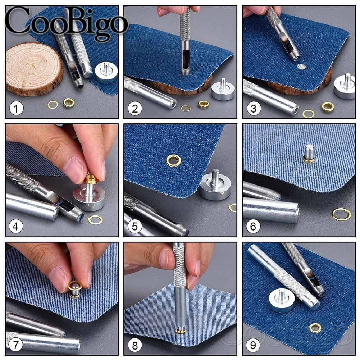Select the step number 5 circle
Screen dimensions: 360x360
[135, 227]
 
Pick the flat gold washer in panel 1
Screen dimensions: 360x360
[53, 105]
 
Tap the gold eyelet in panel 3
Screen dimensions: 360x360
[328, 106]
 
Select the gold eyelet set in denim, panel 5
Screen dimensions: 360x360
[173, 160]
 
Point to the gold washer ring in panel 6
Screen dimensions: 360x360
[341, 214]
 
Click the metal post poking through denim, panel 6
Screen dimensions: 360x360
[309, 153]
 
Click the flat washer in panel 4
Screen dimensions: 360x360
[95, 220]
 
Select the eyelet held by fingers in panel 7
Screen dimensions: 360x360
[75, 288]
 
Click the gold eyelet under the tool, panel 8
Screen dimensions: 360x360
[180, 331]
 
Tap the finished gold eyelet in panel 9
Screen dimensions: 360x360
[315, 328]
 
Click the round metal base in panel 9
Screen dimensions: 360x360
[282, 300]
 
